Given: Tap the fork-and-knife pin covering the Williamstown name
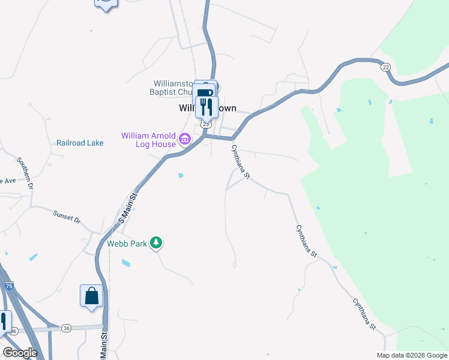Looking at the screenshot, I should [x=207, y=107].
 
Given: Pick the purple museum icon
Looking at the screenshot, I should [x=184, y=140].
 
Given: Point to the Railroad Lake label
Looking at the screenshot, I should [x=80, y=143].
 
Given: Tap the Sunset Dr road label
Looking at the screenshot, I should [x=66, y=217].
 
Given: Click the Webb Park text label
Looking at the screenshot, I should [x=127, y=244].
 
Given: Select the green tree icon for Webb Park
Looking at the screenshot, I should [x=156, y=242].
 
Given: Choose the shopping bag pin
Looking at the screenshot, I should [x=91, y=296].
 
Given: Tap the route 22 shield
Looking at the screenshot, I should [x=385, y=67].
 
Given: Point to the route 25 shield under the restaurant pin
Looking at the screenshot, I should [x=205, y=124].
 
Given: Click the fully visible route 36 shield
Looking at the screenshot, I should [x=66, y=328].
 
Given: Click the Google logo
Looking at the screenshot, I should [x=20, y=353].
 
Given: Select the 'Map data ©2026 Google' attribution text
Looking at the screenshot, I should [x=412, y=355].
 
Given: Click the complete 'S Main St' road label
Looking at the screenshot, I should [x=128, y=208].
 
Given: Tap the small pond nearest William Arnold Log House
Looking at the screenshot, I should [x=181, y=176].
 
